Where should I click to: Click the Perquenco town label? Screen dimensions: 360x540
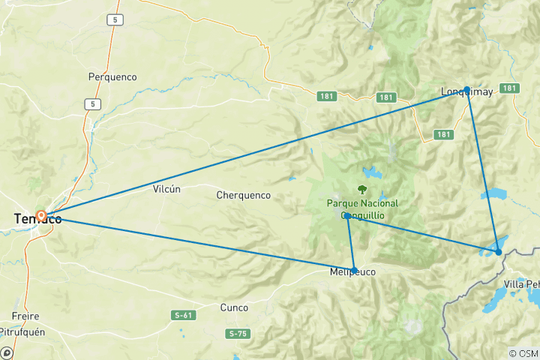112,76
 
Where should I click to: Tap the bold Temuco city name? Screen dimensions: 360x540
37,219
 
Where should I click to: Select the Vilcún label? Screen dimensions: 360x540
166,189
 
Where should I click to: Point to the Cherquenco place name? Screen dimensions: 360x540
243,195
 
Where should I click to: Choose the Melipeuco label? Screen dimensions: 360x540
352,274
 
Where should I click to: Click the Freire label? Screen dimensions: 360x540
25,316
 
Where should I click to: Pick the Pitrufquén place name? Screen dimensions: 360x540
26,331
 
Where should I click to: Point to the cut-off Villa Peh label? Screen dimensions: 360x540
521,284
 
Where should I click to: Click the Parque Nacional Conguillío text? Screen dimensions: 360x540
362,209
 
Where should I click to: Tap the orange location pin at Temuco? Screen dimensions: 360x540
42,216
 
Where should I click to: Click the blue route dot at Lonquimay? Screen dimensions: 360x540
467,89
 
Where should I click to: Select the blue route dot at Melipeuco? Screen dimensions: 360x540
354,270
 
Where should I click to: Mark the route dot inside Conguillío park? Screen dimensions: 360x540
347,216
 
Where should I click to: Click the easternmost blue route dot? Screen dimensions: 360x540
499,252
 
